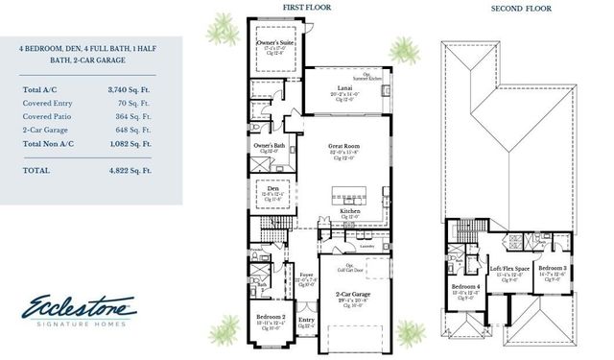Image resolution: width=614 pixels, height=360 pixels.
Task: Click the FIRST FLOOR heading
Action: click(x=308, y=8)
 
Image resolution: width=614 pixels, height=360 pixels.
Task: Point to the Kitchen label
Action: click(x=350, y=212)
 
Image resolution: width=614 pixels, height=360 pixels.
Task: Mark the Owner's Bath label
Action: click(x=267, y=145)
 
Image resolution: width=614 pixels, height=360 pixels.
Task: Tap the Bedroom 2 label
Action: click(x=270, y=316)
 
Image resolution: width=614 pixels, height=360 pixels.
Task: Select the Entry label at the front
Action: click(x=306, y=320)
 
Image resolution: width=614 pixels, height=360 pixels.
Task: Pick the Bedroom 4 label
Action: click(x=465, y=286)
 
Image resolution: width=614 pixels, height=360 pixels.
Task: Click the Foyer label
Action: click(x=306, y=275)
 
